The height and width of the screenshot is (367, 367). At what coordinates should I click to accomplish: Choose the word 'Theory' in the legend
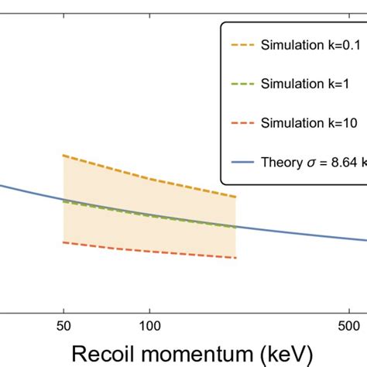click(282, 163)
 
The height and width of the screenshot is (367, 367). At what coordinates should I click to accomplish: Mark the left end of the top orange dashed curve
click(63, 155)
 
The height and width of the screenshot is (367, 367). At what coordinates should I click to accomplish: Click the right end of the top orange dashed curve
click(235, 197)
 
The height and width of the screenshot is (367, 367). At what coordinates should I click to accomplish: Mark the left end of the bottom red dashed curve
click(63, 242)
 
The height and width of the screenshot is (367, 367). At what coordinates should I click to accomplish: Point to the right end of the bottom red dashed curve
click(235, 258)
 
